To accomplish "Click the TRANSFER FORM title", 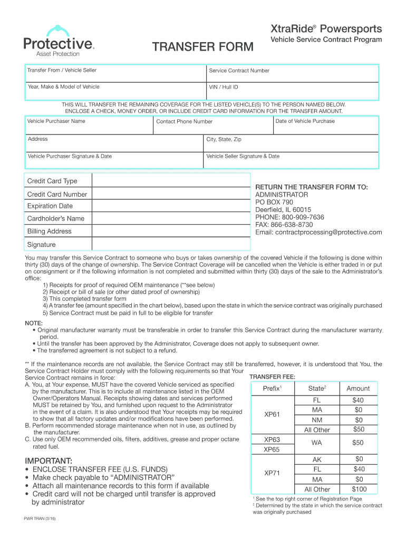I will pos(203,47).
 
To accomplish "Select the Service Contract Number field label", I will pos(239,71).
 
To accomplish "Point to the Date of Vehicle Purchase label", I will pos(305,121).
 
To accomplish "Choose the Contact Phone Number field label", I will pos(185,122).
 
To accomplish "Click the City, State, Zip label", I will pos(224,139).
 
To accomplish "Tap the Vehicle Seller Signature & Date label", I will pos(243,156).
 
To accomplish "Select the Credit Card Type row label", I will pos(52,181).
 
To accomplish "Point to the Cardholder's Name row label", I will pos(55,218).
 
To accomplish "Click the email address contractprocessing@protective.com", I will pos(318,232).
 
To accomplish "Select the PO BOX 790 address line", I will pos(274,202).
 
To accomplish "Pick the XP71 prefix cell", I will pos(272,474).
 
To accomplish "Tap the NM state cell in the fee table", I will pos(317,420).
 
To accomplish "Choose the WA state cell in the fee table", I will pos(317,443).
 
